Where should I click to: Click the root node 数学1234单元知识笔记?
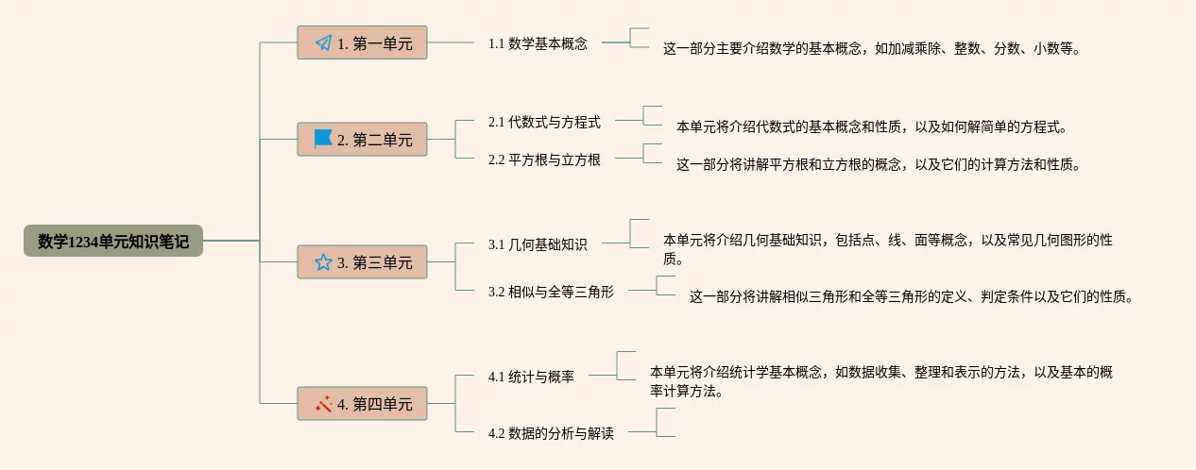tap(113, 242)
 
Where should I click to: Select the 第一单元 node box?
tap(362, 42)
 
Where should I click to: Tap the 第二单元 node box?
tap(362, 140)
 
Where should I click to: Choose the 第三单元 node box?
tap(362, 262)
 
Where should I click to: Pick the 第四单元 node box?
tap(362, 404)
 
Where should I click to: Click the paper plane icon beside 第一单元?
tap(323, 42)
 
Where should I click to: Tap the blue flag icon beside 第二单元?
tap(323, 140)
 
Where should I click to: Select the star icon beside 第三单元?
tap(323, 262)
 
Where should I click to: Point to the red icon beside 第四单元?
tap(323, 404)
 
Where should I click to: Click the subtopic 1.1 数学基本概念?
tap(538, 43)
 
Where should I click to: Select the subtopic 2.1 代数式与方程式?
tap(544, 122)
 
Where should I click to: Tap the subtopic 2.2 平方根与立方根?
tap(544, 159)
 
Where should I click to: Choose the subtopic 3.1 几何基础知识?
tap(538, 244)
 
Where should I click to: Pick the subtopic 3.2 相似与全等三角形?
tap(551, 292)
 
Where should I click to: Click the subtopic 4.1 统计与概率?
tap(531, 377)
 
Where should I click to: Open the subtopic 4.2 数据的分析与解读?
tap(551, 433)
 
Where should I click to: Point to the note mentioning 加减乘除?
tap(870, 49)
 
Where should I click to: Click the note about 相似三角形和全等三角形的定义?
tap(910, 296)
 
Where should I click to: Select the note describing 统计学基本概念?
tap(880, 381)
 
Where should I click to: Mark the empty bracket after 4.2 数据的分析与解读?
tap(666, 422)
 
